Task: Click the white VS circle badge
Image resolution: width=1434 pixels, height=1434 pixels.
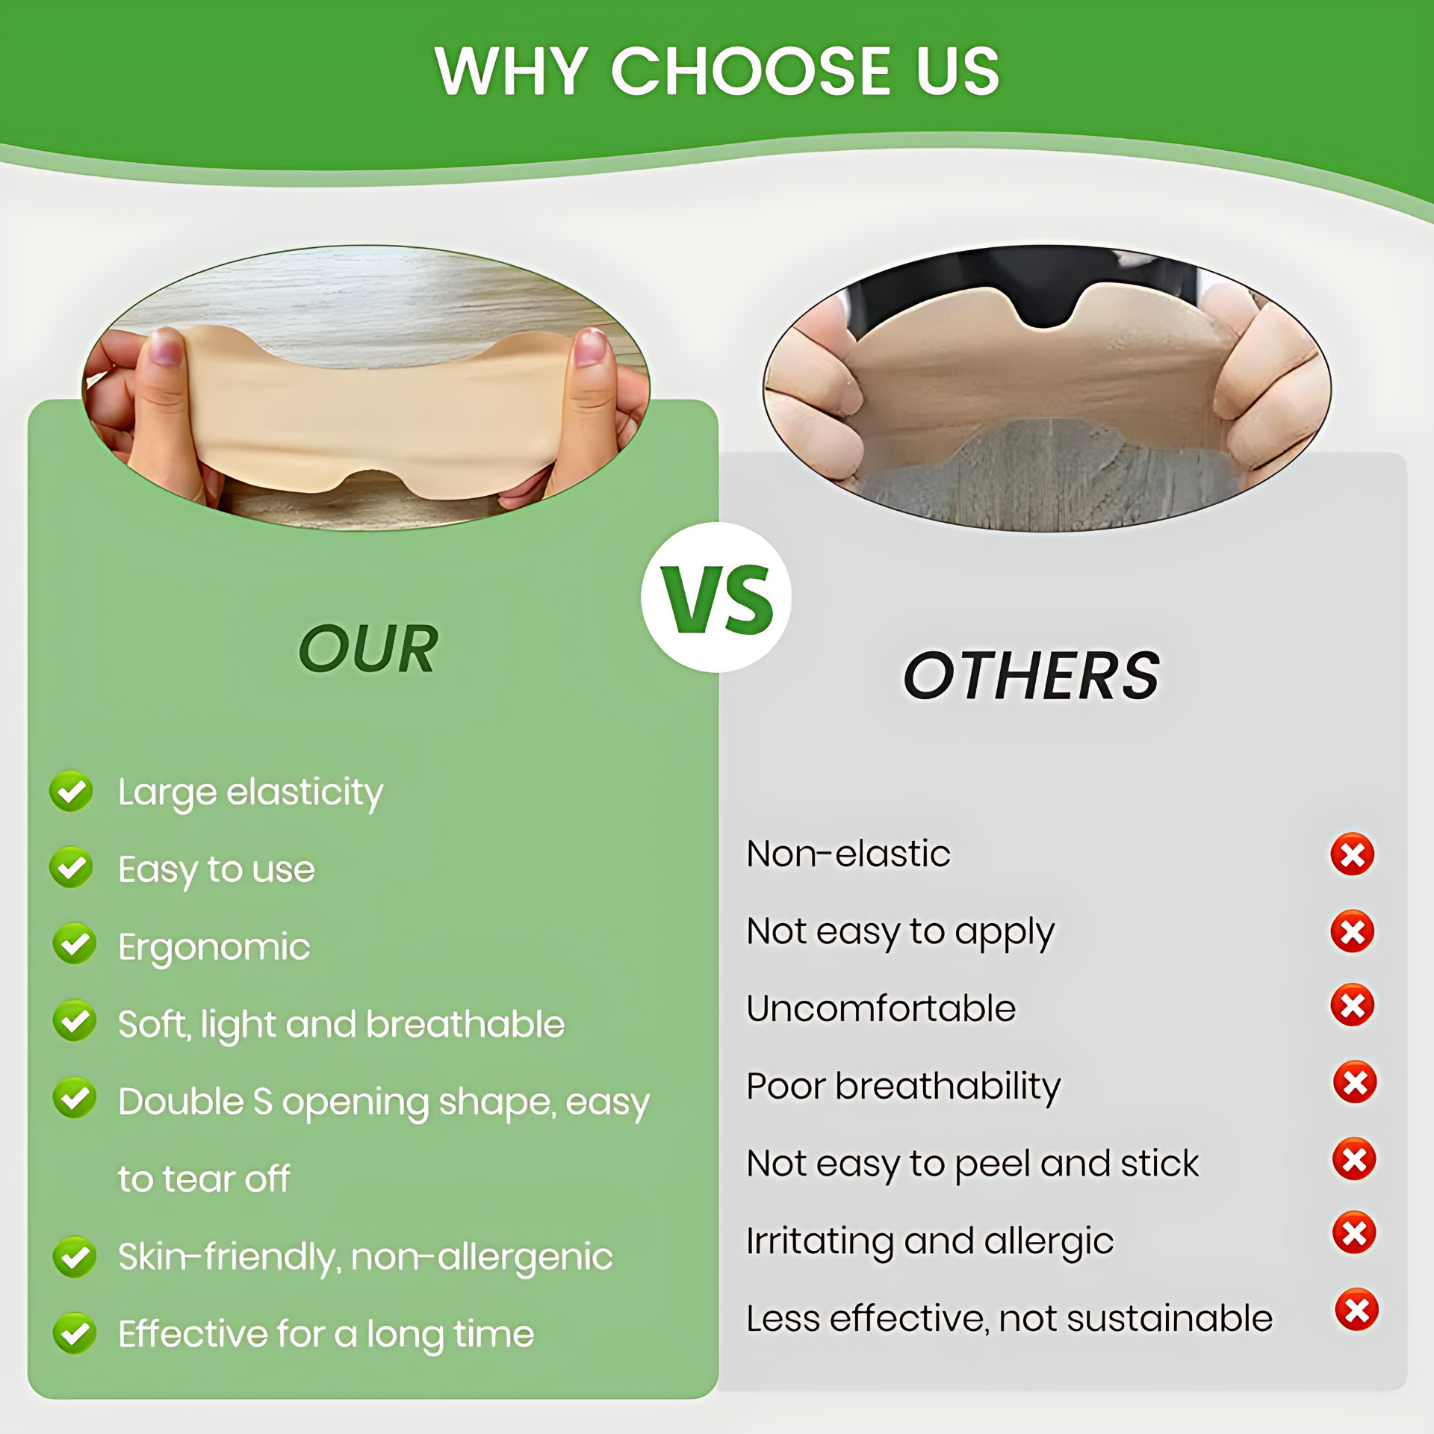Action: point(716,597)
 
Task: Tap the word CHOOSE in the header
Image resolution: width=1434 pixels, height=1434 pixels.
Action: point(752,72)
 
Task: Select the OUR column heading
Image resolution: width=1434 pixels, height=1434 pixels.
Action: point(368,649)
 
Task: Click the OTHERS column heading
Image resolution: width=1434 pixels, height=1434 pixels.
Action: point(1031,676)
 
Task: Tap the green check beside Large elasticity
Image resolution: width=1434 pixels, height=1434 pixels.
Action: point(71,792)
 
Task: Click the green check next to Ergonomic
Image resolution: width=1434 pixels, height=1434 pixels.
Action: point(74,944)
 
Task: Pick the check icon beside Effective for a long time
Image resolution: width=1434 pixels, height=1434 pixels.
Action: point(74,1333)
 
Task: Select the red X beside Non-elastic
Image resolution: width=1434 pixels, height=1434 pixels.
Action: point(1353,854)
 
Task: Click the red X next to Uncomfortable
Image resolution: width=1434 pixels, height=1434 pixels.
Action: point(1353,1005)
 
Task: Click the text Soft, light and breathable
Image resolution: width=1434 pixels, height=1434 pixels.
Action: point(341,1025)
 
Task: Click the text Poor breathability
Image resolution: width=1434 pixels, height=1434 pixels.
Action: point(904,1087)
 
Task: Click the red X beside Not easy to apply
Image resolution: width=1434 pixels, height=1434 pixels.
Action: point(1353,931)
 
